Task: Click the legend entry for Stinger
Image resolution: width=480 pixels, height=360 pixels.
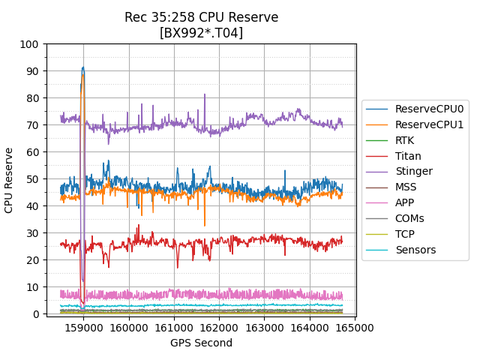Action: (414, 172)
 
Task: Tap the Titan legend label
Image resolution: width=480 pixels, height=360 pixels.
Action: (408, 156)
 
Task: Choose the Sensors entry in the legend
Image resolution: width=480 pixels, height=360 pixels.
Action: (415, 250)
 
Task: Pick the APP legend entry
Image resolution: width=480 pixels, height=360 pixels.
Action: (406, 202)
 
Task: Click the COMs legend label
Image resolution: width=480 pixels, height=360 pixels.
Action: (409, 218)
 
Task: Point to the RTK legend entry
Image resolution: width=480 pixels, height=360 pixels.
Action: (404, 140)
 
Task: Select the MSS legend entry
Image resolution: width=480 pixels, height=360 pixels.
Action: (406, 187)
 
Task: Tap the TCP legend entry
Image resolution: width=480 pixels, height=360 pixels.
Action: (404, 234)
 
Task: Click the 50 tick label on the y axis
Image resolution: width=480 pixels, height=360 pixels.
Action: (31, 179)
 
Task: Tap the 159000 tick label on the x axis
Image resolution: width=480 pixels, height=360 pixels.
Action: (83, 328)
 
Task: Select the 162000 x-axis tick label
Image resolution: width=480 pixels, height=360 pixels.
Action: (219, 328)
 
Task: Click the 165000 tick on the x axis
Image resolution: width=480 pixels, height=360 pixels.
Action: (355, 328)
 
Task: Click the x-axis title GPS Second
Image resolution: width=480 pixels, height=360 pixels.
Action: (201, 343)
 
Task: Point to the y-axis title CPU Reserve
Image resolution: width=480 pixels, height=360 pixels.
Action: (10, 180)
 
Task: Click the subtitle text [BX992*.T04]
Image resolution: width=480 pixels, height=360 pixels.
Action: (201, 33)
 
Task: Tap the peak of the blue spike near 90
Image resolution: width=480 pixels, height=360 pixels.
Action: (83, 67)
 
